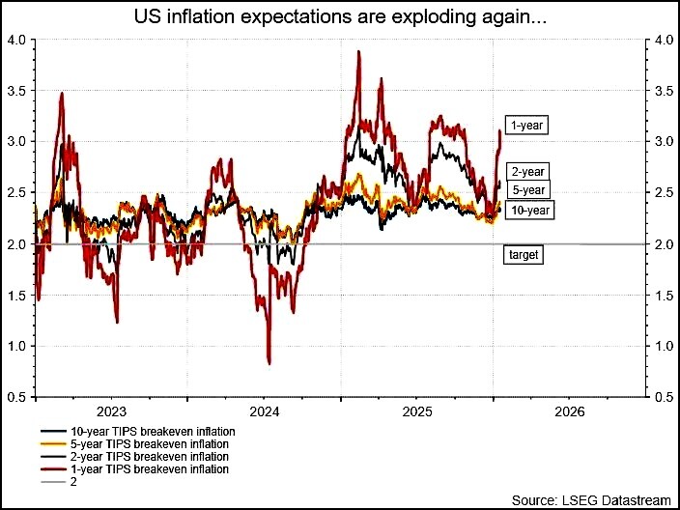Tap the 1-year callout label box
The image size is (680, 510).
[527, 125]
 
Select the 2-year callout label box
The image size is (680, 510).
[527, 170]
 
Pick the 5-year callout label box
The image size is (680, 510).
[528, 189]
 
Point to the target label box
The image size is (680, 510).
[522, 255]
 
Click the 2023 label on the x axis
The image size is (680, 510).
[111, 410]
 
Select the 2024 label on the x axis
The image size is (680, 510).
[264, 410]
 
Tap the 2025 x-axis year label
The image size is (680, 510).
[416, 410]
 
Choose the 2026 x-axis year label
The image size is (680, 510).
[569, 410]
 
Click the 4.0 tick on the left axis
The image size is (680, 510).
[16, 40]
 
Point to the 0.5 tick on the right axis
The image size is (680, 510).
[664, 397]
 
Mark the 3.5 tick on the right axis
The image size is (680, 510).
[664, 91]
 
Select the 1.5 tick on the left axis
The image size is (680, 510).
[16, 296]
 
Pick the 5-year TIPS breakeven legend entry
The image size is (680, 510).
[139, 443]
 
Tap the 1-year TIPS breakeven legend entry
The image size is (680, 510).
[139, 469]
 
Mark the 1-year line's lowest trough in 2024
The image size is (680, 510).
[268, 363]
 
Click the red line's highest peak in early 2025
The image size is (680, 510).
[359, 52]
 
